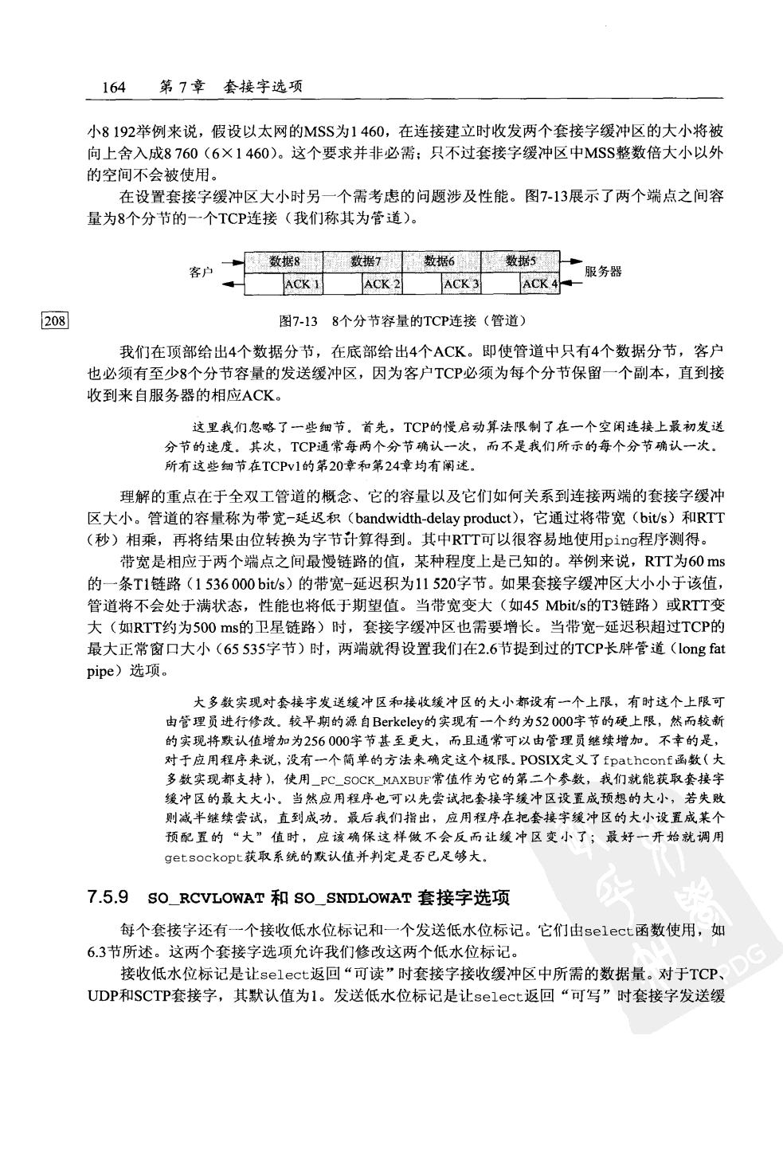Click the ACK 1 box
click(303, 284)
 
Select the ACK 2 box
click(382, 284)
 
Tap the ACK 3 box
click(461, 284)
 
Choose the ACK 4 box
click(540, 284)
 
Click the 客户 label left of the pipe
click(201, 273)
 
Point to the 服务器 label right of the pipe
click(603, 272)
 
